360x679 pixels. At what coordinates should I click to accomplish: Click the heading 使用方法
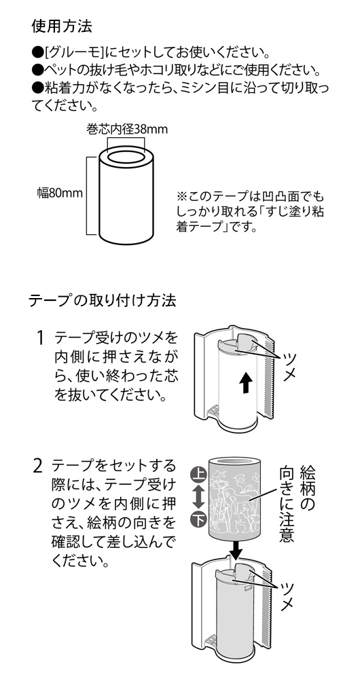62,26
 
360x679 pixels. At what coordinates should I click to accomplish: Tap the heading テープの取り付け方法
103,299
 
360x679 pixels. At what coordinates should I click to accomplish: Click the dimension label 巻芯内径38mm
126,130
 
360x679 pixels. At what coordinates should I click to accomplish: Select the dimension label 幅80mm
59,193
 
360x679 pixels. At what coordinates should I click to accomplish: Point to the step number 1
40,337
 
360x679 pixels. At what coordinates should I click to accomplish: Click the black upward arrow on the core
246,383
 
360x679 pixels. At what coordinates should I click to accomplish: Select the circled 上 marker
198,477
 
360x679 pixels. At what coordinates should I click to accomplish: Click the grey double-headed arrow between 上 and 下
198,498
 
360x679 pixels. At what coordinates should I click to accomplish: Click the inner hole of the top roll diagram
126,155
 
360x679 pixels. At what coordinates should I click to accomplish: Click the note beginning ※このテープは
250,212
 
